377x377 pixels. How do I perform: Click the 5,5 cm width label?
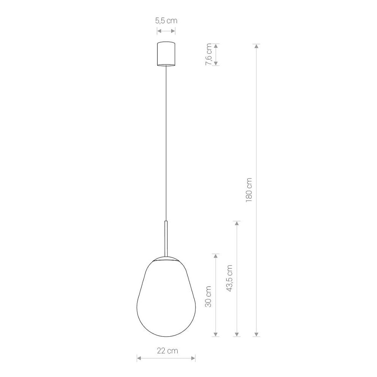tap(166, 21)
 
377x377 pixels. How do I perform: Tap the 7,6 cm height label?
tap(208, 54)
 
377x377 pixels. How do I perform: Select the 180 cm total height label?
tap(249, 190)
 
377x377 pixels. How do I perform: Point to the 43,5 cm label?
tap(230, 278)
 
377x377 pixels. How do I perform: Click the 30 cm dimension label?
tap(208, 296)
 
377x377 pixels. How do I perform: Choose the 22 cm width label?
tap(168, 351)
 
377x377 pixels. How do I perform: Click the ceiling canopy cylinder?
tap(166, 54)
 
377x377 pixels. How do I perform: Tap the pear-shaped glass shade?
tap(166, 298)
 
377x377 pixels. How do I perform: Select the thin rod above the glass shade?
tap(166, 239)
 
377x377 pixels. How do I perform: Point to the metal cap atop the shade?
tap(166, 259)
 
